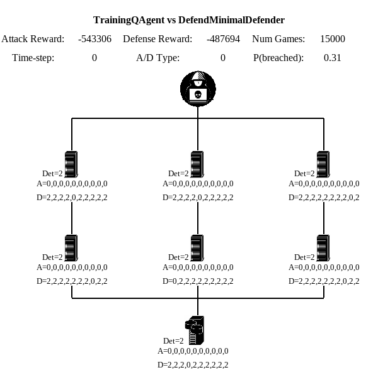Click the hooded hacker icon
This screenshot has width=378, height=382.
198,89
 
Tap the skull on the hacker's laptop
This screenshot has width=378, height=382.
198,95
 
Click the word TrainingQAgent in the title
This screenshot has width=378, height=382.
129,20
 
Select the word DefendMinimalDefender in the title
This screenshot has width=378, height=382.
232,20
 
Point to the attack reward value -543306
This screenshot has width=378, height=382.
94,39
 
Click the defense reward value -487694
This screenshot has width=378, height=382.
223,39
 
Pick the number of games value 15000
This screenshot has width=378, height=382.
333,39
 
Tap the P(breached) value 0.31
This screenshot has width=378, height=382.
332,58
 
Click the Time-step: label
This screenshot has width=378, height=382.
33,58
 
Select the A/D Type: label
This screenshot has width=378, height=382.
157,58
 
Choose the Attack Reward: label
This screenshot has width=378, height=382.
33,39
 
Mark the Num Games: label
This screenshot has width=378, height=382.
278,39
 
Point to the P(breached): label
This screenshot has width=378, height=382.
278,58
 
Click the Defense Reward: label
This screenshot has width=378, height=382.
157,39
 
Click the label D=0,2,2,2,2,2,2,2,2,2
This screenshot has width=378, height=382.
198,281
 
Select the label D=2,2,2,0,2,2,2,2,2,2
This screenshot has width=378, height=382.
193,365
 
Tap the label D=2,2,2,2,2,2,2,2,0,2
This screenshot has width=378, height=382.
324,198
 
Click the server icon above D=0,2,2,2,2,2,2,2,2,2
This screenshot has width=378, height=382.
197,248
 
